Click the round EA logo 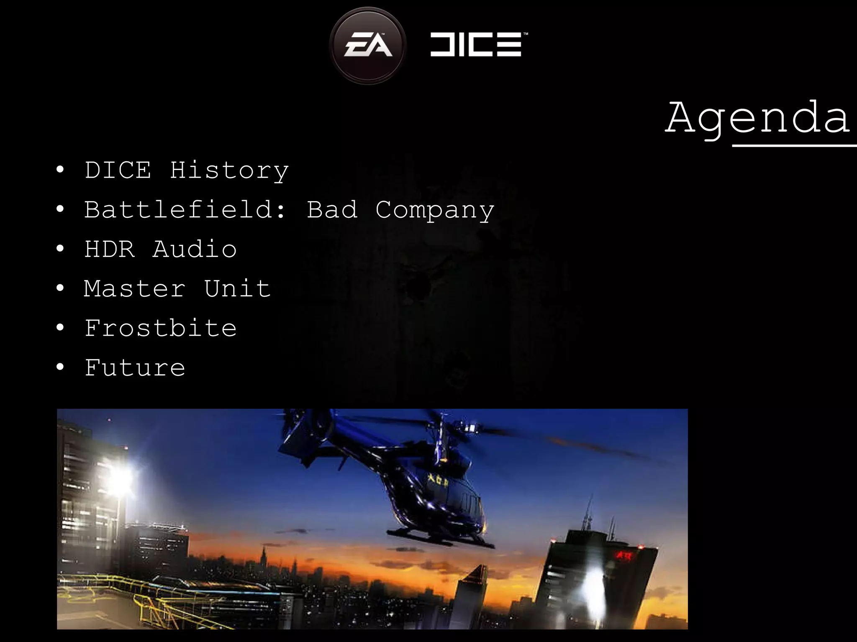[x=368, y=45]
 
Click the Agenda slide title [x=758, y=118]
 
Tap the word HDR [x=110, y=250]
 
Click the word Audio [x=195, y=250]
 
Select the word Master [x=134, y=289]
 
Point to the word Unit [x=237, y=289]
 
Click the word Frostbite [x=161, y=328]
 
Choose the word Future [x=135, y=368]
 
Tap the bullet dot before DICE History [x=60, y=171]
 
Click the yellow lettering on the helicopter [x=438, y=481]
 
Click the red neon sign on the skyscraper [x=624, y=555]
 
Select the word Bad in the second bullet [x=332, y=210]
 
